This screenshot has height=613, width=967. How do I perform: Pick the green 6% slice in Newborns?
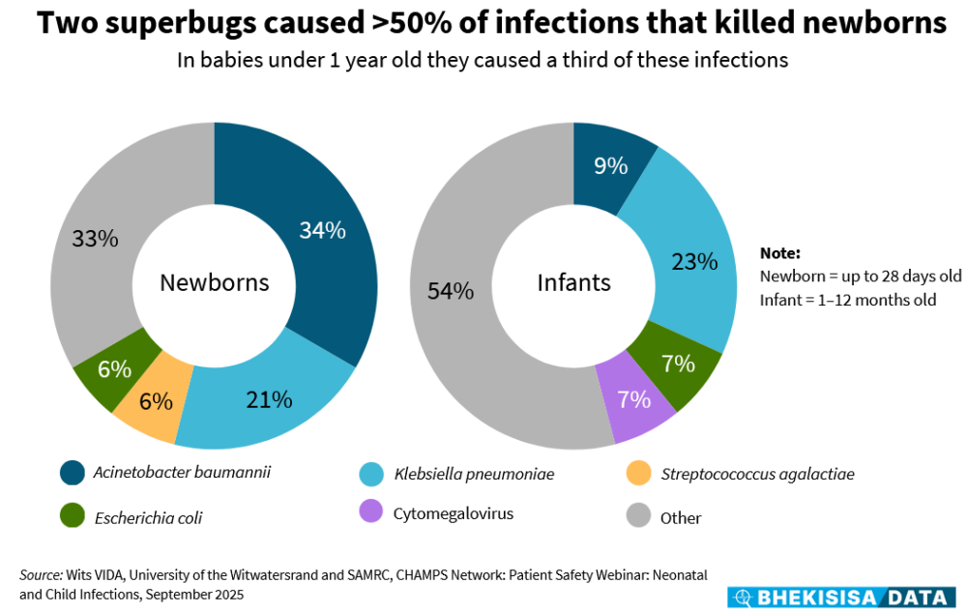pyautogui.click(x=114, y=368)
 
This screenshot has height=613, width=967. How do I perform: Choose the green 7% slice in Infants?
pyautogui.click(x=678, y=365)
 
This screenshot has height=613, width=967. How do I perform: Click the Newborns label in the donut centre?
pyautogui.click(x=214, y=283)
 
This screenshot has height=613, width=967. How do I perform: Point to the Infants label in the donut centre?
pyautogui.click(x=574, y=282)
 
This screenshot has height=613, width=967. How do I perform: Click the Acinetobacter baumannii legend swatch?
pyautogui.click(x=72, y=473)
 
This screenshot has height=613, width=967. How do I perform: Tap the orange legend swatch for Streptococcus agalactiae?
pyautogui.click(x=637, y=473)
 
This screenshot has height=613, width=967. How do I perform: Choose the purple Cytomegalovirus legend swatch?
pyautogui.click(x=369, y=512)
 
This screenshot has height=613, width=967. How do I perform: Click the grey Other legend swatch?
pyautogui.click(x=637, y=516)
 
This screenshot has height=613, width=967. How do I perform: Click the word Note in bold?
pyautogui.click(x=779, y=253)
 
